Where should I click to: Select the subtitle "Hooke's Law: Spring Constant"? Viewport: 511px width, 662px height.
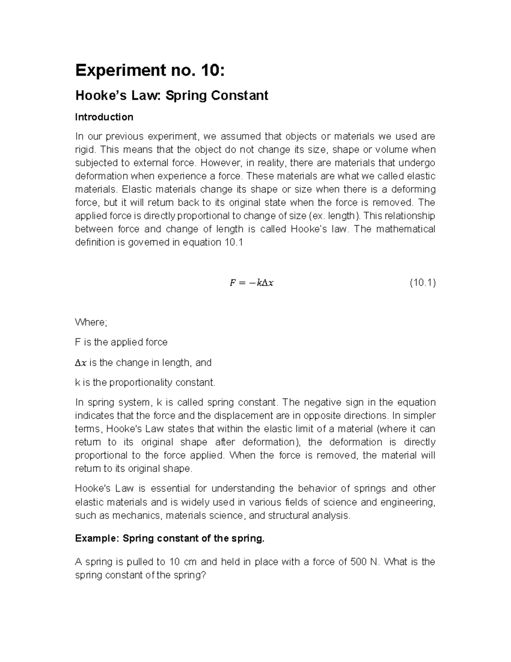(172, 95)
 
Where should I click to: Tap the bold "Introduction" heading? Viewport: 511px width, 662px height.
(104, 117)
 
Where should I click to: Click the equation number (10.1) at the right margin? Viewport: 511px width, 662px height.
(422, 283)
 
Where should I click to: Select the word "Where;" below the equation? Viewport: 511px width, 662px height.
(91, 322)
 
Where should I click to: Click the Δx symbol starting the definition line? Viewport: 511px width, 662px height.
(80, 363)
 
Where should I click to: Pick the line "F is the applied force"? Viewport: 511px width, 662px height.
(121, 342)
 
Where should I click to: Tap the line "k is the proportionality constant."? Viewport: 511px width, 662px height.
(145, 382)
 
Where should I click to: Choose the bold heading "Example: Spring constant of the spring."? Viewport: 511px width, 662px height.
(169, 538)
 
